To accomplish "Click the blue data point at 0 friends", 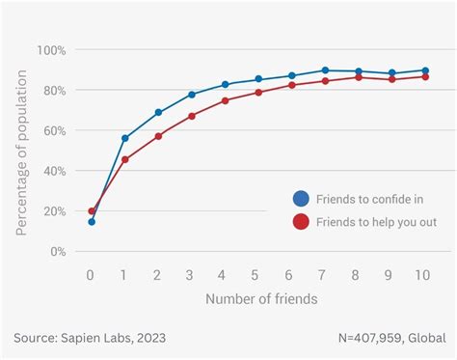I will pos(92,222).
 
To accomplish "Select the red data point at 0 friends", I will pos(92,210).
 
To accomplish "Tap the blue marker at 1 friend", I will pos(125,138).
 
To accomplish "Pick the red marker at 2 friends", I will pos(158,136).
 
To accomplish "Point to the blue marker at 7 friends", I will pos(325,70).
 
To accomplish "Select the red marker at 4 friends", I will pos(225,100).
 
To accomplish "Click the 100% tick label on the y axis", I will pos(51,50).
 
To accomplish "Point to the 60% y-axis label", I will pos(54,130).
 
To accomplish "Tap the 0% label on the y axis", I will pos(58,251).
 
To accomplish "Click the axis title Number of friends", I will pos(260,299).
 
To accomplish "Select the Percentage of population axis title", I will pos(21,151).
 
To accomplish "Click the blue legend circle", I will pos(301,199).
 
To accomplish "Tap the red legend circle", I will pos(301,222).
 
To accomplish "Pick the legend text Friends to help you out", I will pos(375,222).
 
